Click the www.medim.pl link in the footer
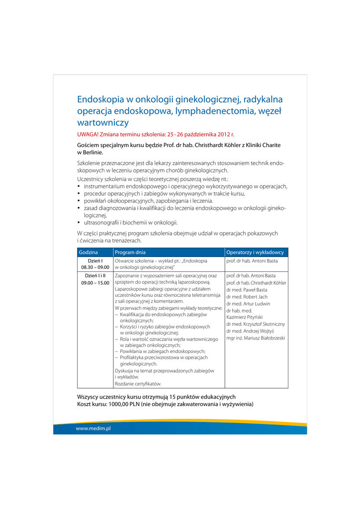click(93, 428)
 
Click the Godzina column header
click(88, 253)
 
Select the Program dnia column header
click(130, 253)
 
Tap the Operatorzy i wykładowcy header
click(255, 253)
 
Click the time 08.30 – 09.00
click(95, 267)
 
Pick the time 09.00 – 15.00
click(95, 283)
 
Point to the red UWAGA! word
click(88, 135)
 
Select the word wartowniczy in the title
click(103, 122)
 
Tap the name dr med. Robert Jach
click(247, 297)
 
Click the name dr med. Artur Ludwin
click(248, 304)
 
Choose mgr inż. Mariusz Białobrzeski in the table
click(255, 338)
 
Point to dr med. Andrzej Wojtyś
click(250, 331)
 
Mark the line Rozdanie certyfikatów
click(138, 384)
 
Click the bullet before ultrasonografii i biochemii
click(79, 223)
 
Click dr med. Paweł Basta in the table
click(247, 290)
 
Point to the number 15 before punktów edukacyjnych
click(173, 397)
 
